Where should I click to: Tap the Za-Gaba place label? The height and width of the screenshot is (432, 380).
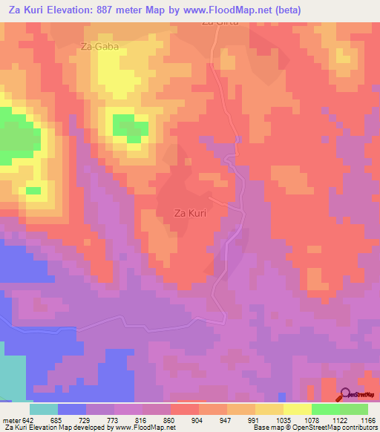(99, 46)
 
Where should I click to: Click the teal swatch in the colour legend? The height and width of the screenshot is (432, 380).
(44, 409)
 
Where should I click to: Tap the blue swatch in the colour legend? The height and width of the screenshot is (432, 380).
(72, 409)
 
